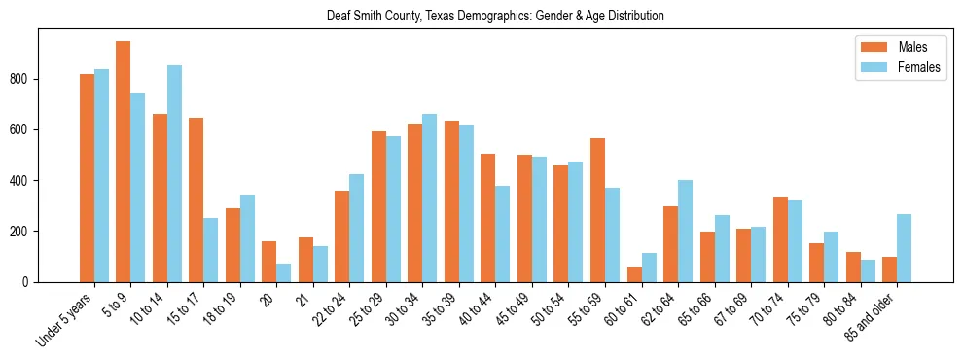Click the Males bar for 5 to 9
pos(124,162)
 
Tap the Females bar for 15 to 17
pos(211,250)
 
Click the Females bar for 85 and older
pos(904,248)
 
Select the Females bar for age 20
pos(284,272)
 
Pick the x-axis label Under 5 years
pos(65,318)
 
